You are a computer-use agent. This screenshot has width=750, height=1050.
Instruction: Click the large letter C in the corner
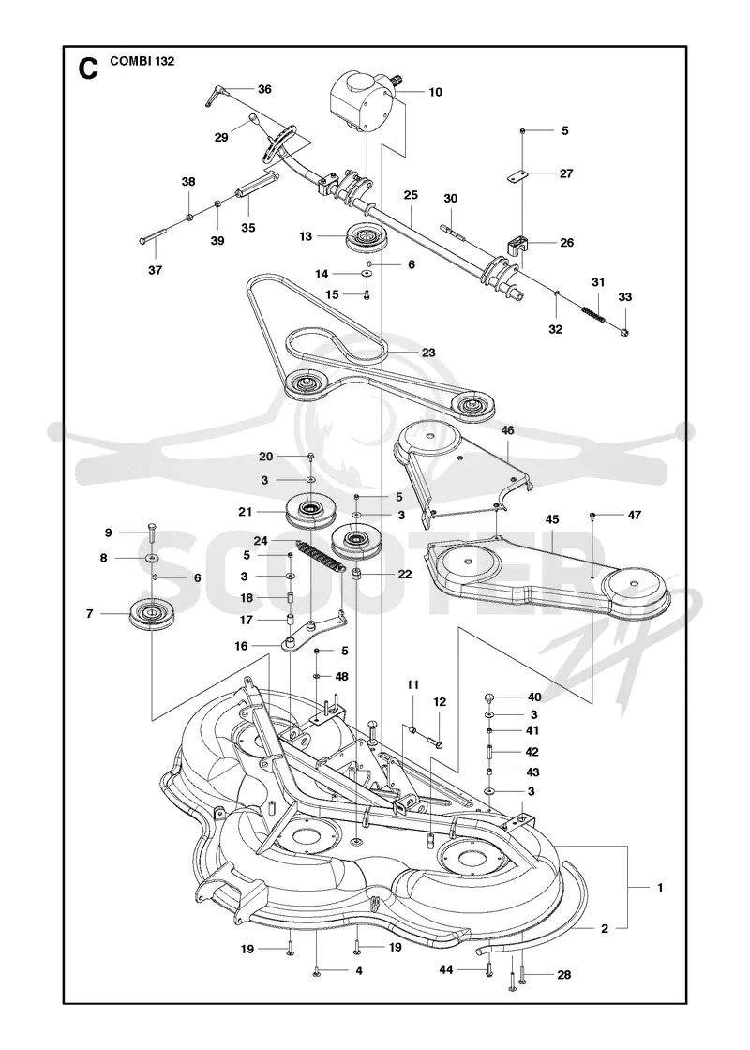(88, 67)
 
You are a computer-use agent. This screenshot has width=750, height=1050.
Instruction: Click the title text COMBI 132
(141, 61)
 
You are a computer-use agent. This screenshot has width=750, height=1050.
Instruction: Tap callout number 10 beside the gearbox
(435, 92)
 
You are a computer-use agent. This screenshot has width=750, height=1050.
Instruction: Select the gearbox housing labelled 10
(362, 102)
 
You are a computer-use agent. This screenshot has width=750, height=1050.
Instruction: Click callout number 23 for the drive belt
(428, 352)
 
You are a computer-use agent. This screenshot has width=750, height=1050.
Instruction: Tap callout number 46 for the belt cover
(507, 430)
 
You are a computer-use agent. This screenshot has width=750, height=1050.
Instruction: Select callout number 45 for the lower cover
(552, 519)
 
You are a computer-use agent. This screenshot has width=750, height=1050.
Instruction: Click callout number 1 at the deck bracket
(660, 888)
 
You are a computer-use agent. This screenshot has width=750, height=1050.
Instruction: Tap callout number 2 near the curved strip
(605, 928)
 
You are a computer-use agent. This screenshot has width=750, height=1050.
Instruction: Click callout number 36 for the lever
(264, 88)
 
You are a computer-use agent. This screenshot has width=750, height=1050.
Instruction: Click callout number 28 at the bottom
(564, 974)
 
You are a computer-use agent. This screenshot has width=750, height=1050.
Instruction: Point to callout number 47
(634, 515)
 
